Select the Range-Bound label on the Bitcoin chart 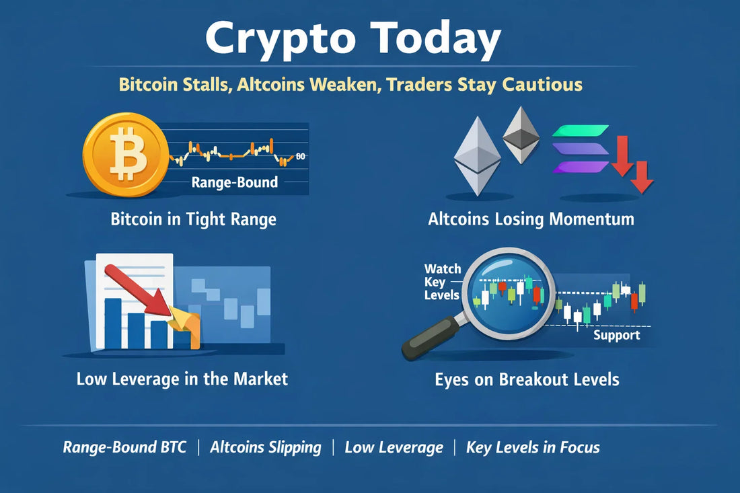pyautogui.click(x=235, y=182)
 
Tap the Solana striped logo pyautogui.click(x=580, y=149)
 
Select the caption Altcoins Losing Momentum pyautogui.click(x=531, y=219)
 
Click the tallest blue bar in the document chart pyautogui.click(x=113, y=323)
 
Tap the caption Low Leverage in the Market pyautogui.click(x=182, y=379)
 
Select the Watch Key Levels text pyautogui.click(x=443, y=282)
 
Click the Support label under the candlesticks pyautogui.click(x=616, y=335)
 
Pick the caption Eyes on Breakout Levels pyautogui.click(x=527, y=379)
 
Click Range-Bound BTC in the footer pyautogui.click(x=124, y=447)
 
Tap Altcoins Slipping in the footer pyautogui.click(x=266, y=447)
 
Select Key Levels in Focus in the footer pyautogui.click(x=533, y=447)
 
